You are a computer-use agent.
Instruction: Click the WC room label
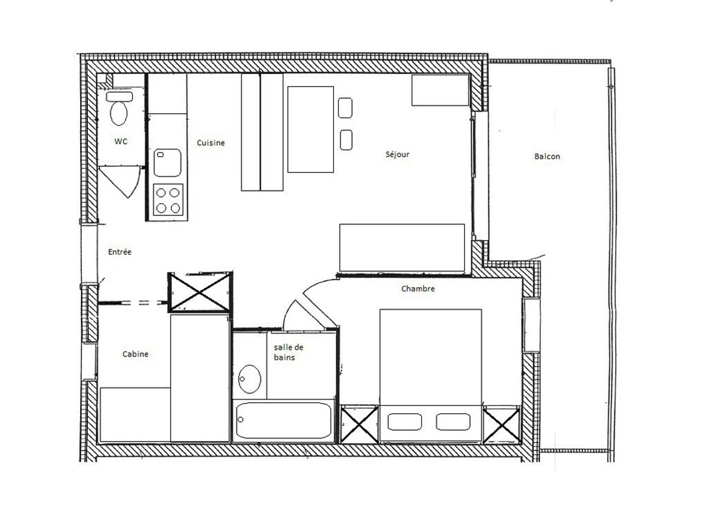(x=120, y=141)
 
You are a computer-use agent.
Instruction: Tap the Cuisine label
(x=211, y=143)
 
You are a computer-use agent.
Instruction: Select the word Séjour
(x=398, y=154)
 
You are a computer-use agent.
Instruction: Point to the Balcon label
(x=547, y=156)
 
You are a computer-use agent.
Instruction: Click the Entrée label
(x=120, y=251)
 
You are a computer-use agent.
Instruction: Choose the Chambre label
(x=418, y=289)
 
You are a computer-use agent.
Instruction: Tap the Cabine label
(x=136, y=354)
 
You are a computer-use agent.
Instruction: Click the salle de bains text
(x=289, y=352)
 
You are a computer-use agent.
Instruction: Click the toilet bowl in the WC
(x=119, y=113)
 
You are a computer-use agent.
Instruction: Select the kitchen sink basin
(x=168, y=162)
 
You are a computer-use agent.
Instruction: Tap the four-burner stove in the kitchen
(x=168, y=200)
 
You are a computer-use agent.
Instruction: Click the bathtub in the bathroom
(x=284, y=420)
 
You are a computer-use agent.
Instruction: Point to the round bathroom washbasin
(x=250, y=379)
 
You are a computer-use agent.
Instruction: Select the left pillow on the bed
(x=405, y=422)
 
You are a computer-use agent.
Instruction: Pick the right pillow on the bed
(x=453, y=422)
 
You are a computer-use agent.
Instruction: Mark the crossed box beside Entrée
(x=200, y=293)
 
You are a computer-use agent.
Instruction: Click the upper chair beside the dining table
(x=345, y=108)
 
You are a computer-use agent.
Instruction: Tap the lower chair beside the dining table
(x=346, y=140)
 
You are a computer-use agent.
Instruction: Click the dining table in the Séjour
(x=310, y=129)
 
